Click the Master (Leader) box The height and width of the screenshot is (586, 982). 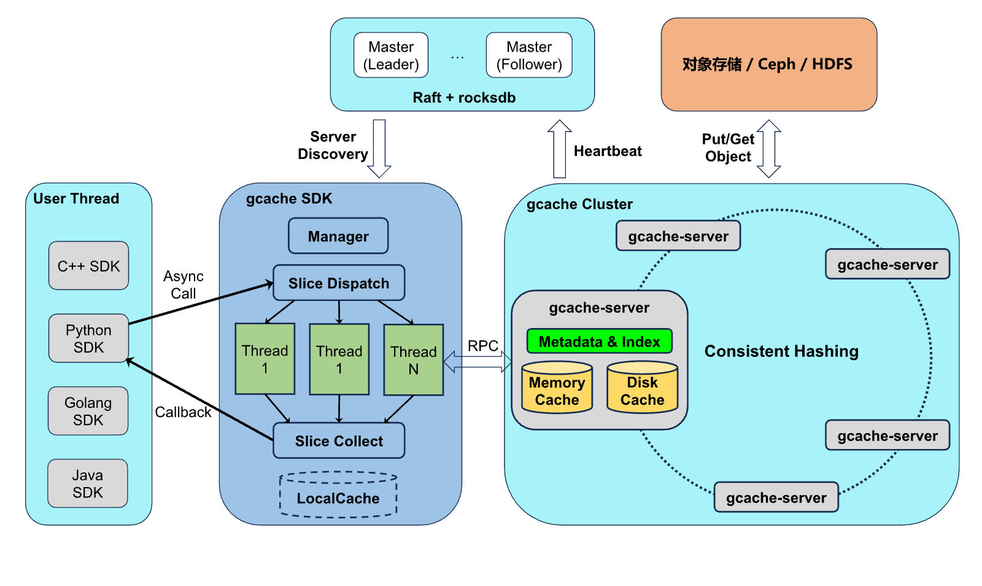coord(390,55)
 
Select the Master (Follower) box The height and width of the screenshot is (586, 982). coord(529,55)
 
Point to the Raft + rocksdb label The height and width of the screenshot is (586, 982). coord(464,98)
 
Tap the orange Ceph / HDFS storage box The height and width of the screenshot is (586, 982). coord(769,64)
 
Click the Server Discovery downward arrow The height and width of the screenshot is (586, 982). coord(379,149)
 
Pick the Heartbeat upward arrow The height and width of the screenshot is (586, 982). coord(559,149)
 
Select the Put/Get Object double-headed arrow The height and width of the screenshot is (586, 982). coord(769,149)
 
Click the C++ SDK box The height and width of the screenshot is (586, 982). coord(88,265)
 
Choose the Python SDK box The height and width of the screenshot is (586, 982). coord(88,338)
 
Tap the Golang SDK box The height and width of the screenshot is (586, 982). coord(88,411)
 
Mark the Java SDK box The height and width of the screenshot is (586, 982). coord(88,483)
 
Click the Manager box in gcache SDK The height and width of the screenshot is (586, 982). coord(338,236)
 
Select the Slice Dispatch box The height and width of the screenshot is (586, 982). coord(339,283)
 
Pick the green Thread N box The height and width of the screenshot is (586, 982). coord(414,360)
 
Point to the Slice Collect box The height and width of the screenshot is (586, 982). coord(339,440)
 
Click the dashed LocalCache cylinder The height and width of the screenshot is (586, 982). coord(338,494)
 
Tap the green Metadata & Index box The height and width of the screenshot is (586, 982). coord(599,342)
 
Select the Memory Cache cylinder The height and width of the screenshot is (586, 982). coord(557,388)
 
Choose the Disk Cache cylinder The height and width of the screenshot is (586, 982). coord(642,388)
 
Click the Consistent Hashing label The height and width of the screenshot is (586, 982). coord(781,351)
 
